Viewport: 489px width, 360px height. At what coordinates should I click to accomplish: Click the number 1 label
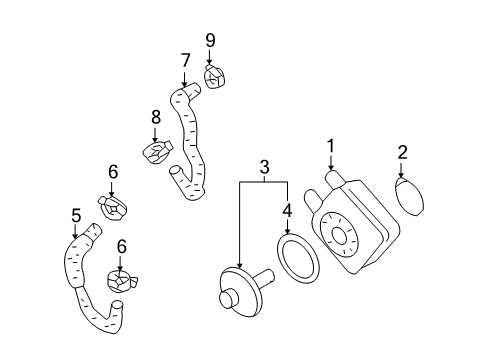point(330,147)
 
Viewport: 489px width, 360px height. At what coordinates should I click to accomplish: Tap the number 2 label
point(402,153)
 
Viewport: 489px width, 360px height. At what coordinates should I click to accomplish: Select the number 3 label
point(264,167)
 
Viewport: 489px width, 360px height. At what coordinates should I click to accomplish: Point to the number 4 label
point(287,211)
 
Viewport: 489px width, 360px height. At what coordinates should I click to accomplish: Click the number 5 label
point(76,215)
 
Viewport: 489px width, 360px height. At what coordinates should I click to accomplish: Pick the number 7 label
point(185,61)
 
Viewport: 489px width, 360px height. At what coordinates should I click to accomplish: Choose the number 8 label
point(156,117)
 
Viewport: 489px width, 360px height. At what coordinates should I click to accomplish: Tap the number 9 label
point(210,41)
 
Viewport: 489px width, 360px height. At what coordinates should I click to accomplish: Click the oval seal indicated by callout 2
point(410,197)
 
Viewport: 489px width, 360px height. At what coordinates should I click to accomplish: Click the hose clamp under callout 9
point(214,77)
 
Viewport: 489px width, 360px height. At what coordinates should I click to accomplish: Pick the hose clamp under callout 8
point(157,152)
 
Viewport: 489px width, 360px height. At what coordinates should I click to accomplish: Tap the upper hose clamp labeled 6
point(113,208)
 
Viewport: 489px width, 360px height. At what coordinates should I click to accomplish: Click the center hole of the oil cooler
point(340,237)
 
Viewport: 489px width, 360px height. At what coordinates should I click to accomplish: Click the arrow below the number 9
point(209,57)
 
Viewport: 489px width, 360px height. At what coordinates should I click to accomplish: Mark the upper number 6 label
point(113,172)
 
